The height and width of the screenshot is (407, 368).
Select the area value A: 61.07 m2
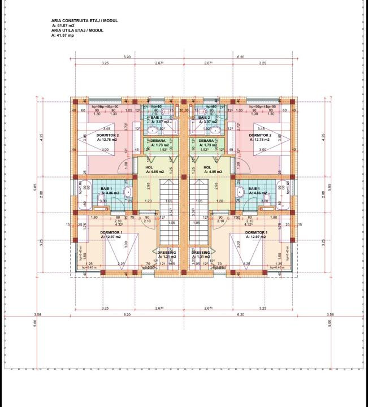click(x=63, y=26)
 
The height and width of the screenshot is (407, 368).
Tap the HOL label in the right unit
click(x=207, y=167)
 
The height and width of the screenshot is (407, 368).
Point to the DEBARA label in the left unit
click(x=158, y=141)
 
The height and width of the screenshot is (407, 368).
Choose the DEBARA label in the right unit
click(x=206, y=141)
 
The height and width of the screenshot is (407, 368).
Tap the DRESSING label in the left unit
click(x=166, y=252)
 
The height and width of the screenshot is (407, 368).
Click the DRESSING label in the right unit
click(x=201, y=252)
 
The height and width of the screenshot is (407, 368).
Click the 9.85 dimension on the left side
click(x=35, y=189)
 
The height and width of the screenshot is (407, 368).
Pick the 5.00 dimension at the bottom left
click(x=35, y=323)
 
